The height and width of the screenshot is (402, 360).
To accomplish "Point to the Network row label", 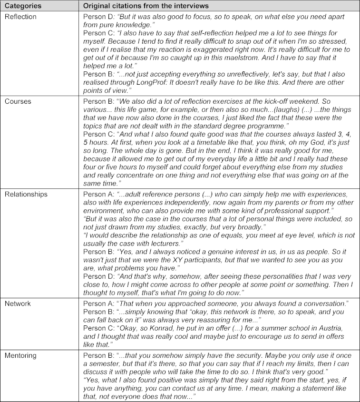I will click(18, 303).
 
